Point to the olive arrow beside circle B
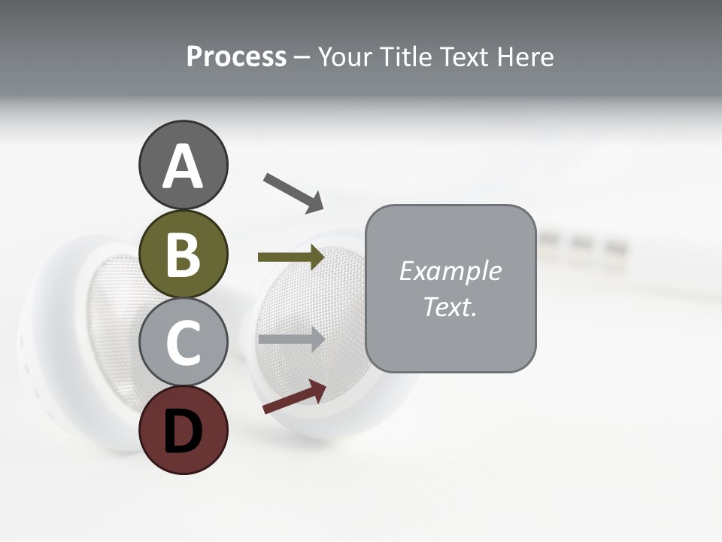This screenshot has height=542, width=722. coord(291,257)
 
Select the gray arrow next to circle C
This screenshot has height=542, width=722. coord(291,339)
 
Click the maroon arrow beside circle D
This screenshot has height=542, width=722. coord(294,397)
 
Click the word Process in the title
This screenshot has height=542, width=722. coord(236,57)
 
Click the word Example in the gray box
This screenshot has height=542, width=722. coord(450,271)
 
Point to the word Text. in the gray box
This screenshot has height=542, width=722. coord(450,307)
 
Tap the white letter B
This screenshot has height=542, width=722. coord(183,254)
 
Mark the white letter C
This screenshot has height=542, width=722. coord(183,343)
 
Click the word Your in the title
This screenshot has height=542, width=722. coord(346,57)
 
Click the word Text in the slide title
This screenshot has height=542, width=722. coord(463,57)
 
